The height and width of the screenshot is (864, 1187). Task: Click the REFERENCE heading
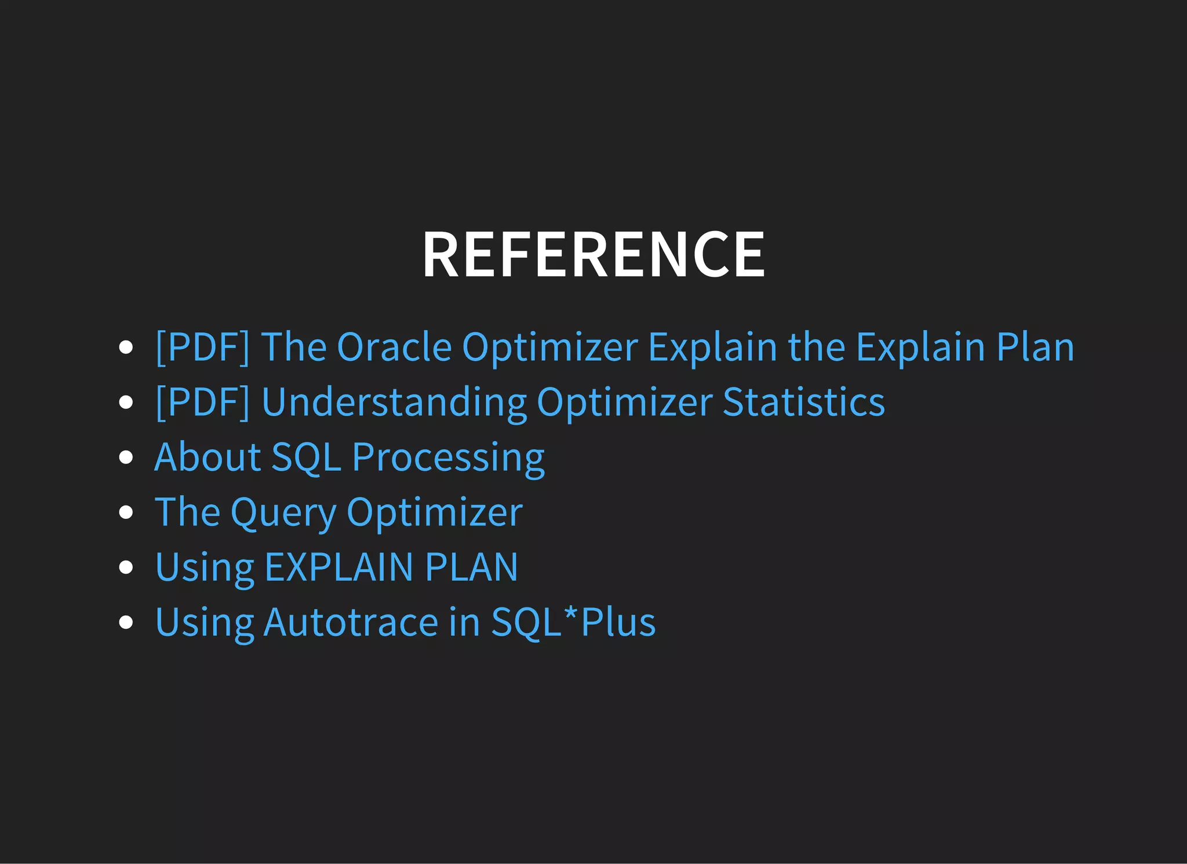(x=593, y=255)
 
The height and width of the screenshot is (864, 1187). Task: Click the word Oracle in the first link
(x=394, y=347)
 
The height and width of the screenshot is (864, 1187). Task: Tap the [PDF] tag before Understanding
(x=203, y=402)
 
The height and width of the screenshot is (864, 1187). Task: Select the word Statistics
(x=804, y=402)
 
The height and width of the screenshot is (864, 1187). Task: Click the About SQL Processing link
(x=349, y=457)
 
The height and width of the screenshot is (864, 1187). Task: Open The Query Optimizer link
(x=338, y=512)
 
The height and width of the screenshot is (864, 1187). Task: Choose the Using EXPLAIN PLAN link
(x=337, y=567)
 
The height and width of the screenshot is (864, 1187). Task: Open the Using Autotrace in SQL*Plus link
(x=405, y=622)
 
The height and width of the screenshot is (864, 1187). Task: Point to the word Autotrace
(x=351, y=622)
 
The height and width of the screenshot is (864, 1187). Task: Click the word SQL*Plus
(x=573, y=622)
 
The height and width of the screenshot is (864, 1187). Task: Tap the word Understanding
(x=394, y=402)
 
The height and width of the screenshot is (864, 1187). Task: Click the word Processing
(x=448, y=457)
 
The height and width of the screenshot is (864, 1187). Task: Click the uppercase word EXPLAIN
(x=339, y=567)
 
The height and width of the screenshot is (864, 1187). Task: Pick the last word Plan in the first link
(x=1035, y=347)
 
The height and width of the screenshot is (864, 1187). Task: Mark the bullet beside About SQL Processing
(x=126, y=457)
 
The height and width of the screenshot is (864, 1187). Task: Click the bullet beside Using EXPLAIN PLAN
(x=126, y=567)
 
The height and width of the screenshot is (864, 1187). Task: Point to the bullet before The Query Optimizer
(x=126, y=512)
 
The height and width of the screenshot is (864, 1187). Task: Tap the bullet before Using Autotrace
(x=126, y=622)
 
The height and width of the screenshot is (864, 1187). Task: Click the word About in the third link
(x=207, y=457)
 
